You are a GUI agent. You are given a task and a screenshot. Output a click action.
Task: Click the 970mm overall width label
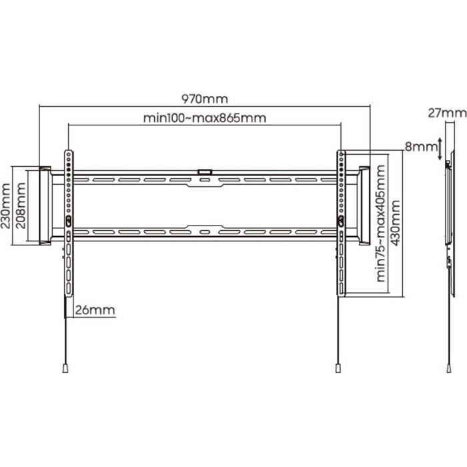coord(205,99)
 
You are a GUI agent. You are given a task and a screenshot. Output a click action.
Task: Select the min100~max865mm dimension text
coord(205,118)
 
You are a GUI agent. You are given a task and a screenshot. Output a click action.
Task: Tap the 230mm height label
coord(7,206)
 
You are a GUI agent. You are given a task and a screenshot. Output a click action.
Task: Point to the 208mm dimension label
coord(21,206)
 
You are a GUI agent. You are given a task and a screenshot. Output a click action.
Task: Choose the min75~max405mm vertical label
coord(381,224)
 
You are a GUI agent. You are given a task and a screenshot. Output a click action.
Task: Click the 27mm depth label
coord(447,113)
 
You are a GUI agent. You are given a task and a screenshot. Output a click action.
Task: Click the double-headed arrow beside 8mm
coord(440,149)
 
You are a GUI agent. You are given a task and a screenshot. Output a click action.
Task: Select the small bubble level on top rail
coord(205,172)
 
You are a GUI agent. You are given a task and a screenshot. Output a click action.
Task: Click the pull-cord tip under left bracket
coord(65,367)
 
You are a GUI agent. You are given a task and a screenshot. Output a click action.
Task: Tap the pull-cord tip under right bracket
coord(339,367)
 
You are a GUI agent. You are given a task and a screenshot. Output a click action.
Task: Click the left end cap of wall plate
coord(45,205)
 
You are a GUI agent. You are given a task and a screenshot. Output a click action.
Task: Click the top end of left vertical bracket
coord(68,154)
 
